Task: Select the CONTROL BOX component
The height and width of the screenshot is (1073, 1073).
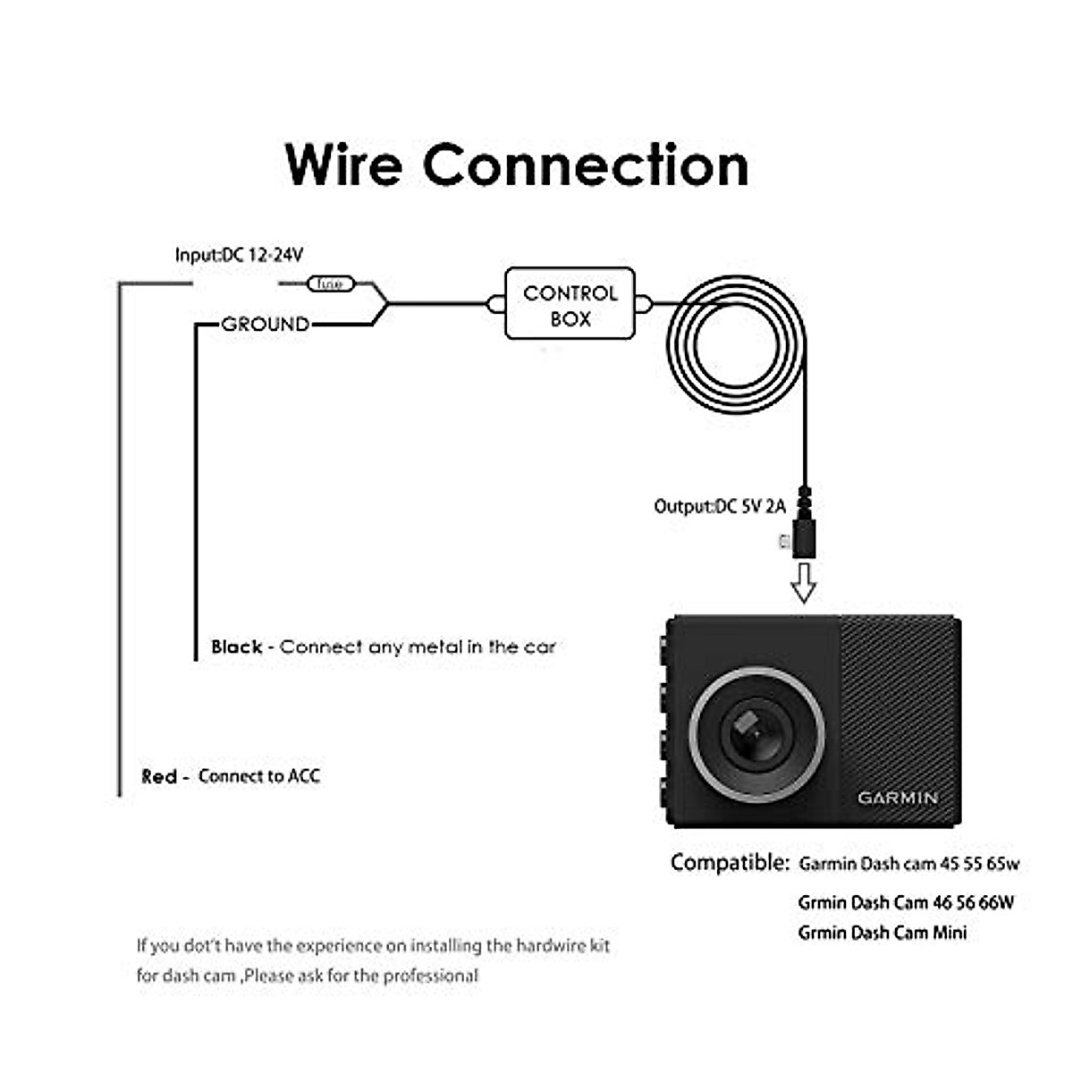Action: [x=570, y=304]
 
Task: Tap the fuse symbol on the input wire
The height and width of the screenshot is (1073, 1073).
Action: [x=331, y=284]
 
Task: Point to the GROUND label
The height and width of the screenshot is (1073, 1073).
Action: [x=266, y=324]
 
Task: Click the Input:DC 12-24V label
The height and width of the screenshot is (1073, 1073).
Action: [x=239, y=255]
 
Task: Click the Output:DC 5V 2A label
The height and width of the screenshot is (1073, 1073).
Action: [x=720, y=506]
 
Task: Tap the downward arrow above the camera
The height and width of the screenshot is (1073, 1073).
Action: [x=804, y=583]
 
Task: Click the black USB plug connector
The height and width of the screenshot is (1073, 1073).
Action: [x=804, y=536]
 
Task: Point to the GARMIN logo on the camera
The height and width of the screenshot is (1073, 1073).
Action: [x=898, y=798]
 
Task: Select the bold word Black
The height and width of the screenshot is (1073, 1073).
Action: [x=236, y=646]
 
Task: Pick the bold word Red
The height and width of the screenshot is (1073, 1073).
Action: [x=159, y=776]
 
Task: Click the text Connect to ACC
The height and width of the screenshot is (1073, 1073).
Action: [x=258, y=776]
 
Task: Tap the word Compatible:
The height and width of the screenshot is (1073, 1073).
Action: [x=730, y=863]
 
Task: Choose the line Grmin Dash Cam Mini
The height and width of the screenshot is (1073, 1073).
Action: [x=882, y=933]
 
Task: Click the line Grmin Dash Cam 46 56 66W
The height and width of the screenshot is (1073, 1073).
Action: [x=906, y=902]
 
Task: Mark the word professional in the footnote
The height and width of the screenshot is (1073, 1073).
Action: [x=431, y=976]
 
